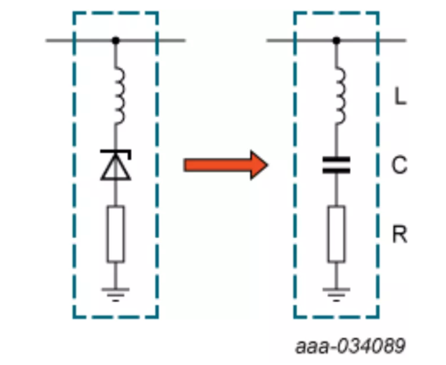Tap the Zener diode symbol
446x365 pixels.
(116, 165)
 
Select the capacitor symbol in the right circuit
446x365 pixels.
(337, 165)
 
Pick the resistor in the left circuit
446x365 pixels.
(116, 235)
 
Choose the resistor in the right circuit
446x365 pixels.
(337, 235)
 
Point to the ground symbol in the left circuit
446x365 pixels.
(116, 293)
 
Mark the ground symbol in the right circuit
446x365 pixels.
(337, 293)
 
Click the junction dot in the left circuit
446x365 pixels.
(116, 41)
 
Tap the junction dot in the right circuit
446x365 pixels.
(337, 41)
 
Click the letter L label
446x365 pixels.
(400, 98)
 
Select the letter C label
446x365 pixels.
(400, 165)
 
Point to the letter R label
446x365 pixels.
(400, 235)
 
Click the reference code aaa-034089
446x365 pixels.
(351, 347)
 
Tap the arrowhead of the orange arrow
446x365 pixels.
(257, 165)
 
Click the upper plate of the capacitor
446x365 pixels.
(337, 160)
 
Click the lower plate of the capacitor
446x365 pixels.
(337, 170)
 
